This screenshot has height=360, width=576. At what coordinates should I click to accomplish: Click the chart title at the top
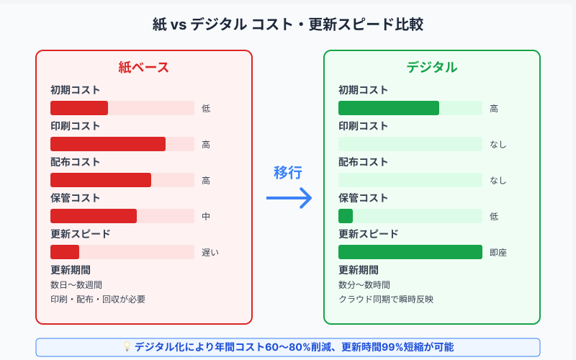coord(288,24)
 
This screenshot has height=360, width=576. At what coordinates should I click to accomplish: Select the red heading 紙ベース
coord(143,68)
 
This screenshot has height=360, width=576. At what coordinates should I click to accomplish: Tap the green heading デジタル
coord(431,68)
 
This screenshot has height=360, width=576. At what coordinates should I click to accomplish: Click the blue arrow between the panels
coord(289,198)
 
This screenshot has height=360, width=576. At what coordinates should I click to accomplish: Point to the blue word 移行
coord(288,173)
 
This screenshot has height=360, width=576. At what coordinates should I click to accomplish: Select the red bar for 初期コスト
coord(79,108)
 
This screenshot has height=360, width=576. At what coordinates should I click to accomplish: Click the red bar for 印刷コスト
coord(108,144)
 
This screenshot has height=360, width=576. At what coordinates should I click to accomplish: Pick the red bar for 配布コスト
coord(101,180)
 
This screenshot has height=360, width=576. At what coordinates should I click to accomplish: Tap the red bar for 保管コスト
coord(94,216)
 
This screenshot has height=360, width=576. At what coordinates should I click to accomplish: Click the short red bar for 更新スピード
coord(65,252)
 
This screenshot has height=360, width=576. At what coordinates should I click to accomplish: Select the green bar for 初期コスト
coord(389,108)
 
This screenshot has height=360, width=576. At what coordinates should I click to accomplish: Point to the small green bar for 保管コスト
coord(346,216)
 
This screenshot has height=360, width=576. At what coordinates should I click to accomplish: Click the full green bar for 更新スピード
coord(410,252)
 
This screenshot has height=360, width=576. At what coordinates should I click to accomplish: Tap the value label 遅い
coord(210,253)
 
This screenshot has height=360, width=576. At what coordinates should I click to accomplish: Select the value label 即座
coord(498,253)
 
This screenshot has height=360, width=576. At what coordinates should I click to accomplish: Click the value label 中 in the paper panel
coord(206,217)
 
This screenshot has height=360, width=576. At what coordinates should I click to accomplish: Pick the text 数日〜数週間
coord(76,285)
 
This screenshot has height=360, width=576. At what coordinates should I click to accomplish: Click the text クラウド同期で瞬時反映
coord(386,300)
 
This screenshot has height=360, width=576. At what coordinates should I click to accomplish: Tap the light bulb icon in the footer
coord(127,346)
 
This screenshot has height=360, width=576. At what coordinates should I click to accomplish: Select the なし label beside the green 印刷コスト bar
coord(498,145)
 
